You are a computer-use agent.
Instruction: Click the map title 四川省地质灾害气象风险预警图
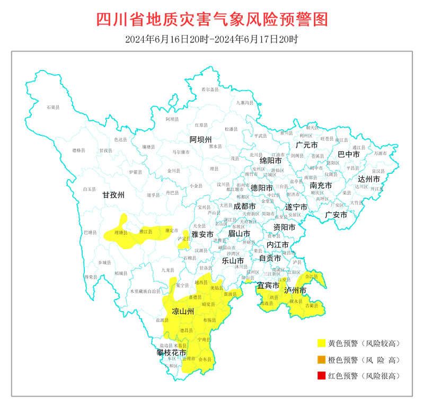(x=212, y=19)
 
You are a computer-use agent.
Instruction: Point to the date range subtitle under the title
(x=212, y=39)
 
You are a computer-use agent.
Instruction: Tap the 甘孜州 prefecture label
(x=113, y=196)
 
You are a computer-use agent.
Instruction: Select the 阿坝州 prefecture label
(x=201, y=139)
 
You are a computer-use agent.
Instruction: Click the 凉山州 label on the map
(x=182, y=311)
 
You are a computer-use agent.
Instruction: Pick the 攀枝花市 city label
(x=171, y=352)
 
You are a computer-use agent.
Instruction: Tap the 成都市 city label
(x=245, y=206)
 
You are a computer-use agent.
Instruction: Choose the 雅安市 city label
(x=202, y=234)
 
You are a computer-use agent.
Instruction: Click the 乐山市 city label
(x=233, y=261)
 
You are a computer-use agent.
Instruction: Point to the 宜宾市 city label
(x=268, y=286)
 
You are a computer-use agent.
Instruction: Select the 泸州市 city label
(x=295, y=290)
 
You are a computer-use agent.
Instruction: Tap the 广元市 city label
(x=306, y=145)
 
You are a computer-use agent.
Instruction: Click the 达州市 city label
(x=369, y=179)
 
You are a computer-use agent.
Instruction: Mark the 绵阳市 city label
(x=270, y=160)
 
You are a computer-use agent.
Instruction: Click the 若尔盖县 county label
(x=210, y=90)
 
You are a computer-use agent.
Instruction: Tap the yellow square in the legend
(x=321, y=343)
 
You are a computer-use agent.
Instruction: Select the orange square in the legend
(x=321, y=360)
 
